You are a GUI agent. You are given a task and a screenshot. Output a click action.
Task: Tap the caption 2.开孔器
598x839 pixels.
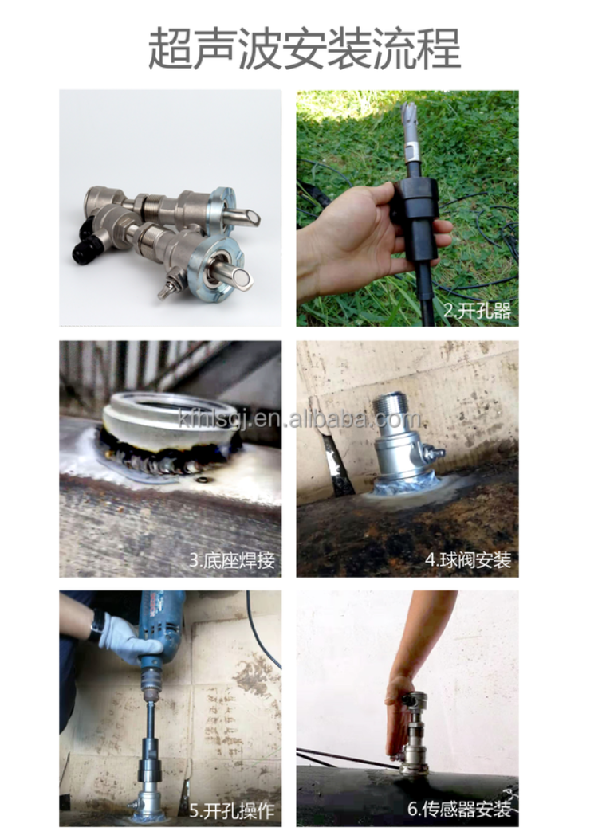[476, 312]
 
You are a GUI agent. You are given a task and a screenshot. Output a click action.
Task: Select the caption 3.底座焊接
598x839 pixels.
[231, 560]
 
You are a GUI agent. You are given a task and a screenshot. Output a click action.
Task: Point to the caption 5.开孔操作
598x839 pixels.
[231, 810]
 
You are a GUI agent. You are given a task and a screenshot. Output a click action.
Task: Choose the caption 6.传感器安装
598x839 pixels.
[459, 810]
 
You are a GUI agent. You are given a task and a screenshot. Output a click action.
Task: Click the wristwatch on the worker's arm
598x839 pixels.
[96, 626]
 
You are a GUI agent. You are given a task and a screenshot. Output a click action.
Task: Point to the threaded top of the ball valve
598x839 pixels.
[391, 406]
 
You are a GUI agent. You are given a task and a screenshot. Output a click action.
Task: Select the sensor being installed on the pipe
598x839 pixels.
[414, 733]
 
